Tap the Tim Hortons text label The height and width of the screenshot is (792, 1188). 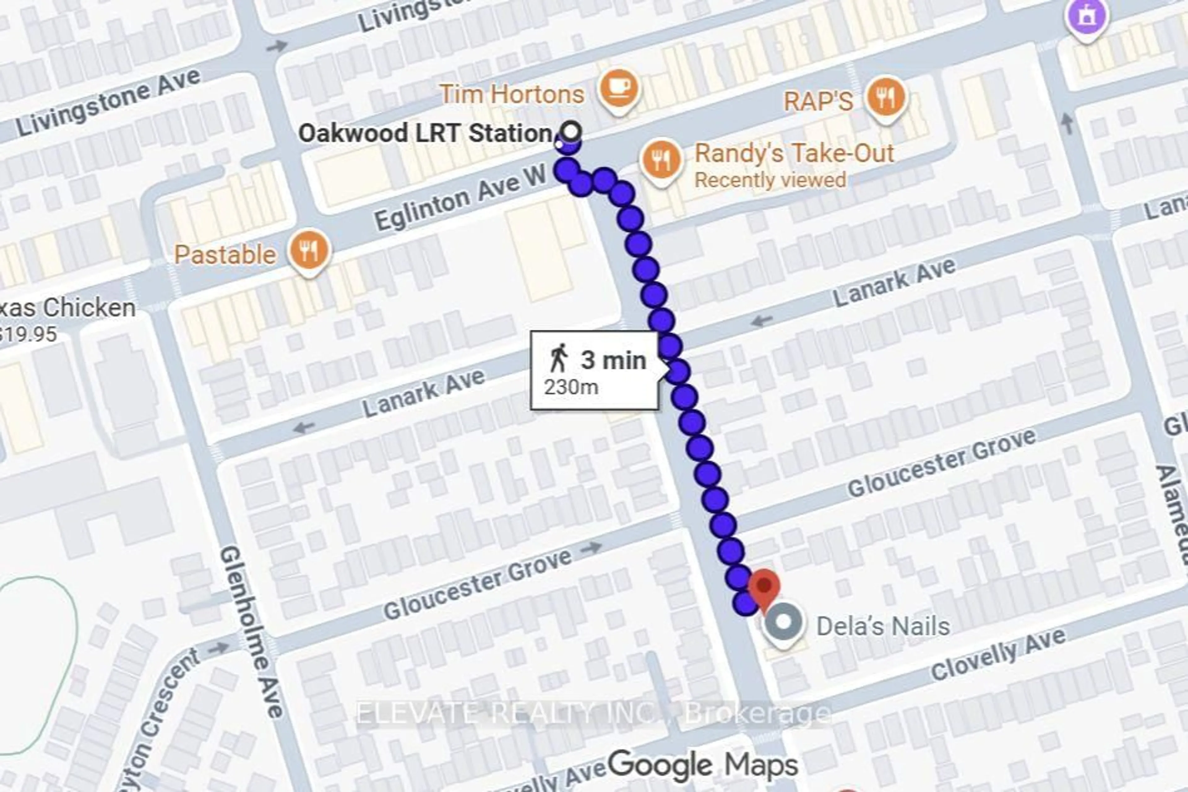[512, 94]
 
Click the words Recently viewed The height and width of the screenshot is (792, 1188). [770, 180]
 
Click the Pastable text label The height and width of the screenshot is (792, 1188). [225, 255]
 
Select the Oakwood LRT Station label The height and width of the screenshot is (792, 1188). [425, 134]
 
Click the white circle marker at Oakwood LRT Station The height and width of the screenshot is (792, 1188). [571, 132]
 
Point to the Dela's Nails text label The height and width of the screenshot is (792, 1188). [883, 626]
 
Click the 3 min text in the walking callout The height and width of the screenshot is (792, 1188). [613, 361]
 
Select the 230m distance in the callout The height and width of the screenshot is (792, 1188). [571, 387]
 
